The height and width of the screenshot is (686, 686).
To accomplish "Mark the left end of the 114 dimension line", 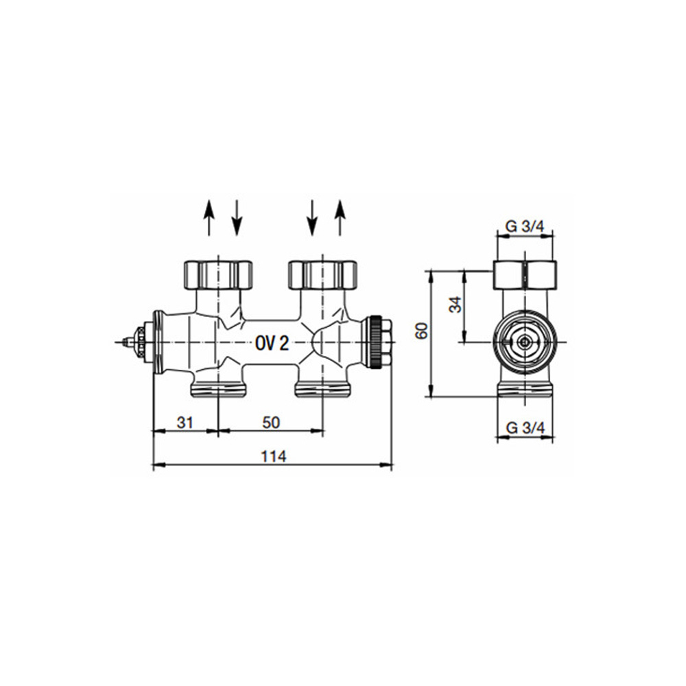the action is pos(153,465).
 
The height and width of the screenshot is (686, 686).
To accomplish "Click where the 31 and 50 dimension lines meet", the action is pos(218,431).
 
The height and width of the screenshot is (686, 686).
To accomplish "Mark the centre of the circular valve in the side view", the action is pos(525,342).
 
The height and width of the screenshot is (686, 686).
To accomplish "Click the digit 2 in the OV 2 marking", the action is pos(283,344).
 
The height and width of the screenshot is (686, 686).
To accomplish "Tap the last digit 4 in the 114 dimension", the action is pos(281,456).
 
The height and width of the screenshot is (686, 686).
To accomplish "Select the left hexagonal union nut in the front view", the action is pos(218,275).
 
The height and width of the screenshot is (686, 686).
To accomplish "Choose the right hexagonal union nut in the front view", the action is pos(322,275).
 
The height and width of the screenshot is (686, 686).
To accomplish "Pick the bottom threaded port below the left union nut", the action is pos(218,388).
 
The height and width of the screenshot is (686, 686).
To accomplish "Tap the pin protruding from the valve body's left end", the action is pos(127,342).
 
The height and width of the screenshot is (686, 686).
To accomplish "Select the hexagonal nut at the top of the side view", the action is pos(525,275).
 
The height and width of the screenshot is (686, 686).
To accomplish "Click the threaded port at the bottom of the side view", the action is pos(525,388).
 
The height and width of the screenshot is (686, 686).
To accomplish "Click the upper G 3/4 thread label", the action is pos(525,226).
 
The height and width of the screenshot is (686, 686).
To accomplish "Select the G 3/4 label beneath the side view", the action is pos(525,427).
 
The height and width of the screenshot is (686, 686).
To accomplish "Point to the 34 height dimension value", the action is pos(456,305).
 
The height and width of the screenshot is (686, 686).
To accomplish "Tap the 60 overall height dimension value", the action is pos(422,331).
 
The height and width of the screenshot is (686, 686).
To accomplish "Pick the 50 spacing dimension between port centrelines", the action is pos(271,422).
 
